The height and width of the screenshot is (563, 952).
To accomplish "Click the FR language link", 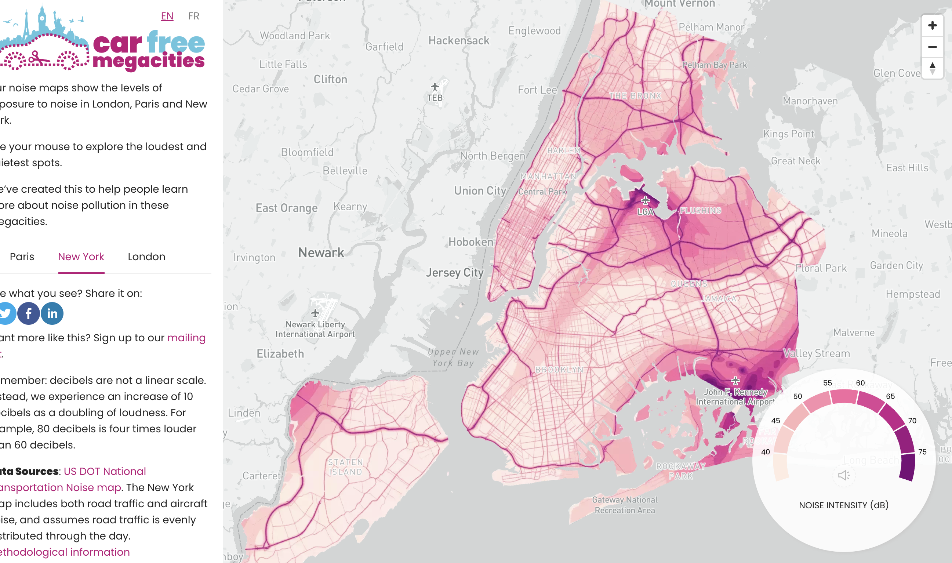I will click(x=193, y=16).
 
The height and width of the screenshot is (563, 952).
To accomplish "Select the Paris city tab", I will click(x=22, y=257).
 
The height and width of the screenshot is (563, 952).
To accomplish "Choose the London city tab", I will click(x=146, y=257).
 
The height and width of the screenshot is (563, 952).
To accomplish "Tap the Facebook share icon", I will click(x=29, y=313).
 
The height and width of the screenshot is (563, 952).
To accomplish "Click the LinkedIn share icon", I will click(x=52, y=313).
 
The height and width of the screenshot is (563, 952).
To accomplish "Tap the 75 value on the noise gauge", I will click(x=922, y=452).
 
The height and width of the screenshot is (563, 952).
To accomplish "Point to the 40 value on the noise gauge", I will click(x=766, y=452).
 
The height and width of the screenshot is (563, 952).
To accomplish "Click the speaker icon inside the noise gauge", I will click(x=843, y=475).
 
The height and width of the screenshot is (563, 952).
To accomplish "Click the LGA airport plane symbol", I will click(x=645, y=200).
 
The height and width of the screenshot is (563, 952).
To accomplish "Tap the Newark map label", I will click(x=321, y=253).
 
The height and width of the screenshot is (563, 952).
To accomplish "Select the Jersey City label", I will click(x=454, y=272).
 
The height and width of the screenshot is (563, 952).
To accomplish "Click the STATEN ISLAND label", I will click(x=345, y=467).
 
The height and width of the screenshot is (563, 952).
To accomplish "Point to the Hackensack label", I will click(x=458, y=41).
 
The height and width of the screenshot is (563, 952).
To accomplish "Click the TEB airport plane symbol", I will click(x=435, y=87).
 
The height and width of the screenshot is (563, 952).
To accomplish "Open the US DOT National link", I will click(x=105, y=471).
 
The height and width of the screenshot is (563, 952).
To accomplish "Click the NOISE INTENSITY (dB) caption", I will click(x=843, y=505).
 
